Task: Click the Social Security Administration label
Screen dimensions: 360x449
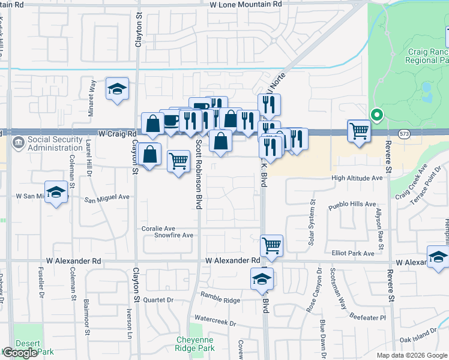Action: point(55,144)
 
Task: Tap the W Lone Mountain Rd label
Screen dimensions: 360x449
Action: point(246,4)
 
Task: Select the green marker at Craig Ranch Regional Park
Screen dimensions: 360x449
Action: point(376,115)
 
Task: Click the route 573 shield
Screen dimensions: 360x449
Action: point(406,133)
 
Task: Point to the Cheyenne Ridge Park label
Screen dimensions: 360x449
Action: point(195,344)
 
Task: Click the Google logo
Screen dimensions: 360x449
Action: point(20,353)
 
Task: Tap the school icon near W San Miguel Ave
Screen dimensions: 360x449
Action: point(56,193)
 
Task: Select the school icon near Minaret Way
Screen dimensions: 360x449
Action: point(117,90)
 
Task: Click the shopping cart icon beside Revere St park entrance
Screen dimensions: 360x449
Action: point(359,130)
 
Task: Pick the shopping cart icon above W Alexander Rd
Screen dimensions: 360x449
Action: point(272,245)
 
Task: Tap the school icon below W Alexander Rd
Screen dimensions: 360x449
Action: point(262,280)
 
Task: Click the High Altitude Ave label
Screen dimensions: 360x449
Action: point(357,178)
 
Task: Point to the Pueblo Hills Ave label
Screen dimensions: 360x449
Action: point(352,205)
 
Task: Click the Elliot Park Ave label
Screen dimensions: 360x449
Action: point(353,254)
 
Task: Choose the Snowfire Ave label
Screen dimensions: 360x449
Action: point(173,235)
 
